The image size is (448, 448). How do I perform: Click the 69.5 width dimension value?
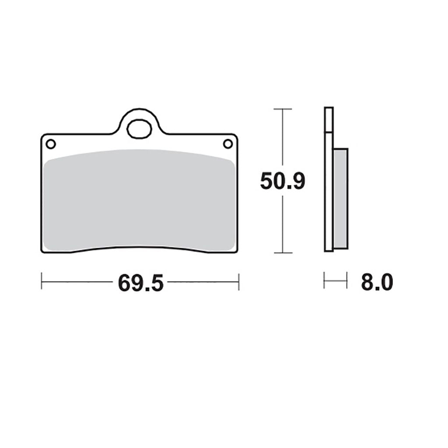point(140,283)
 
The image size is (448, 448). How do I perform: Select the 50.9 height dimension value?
point(283,181)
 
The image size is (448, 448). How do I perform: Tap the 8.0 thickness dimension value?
point(377,282)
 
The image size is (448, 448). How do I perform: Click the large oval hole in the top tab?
point(139,129)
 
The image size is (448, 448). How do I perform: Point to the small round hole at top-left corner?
point(51,144)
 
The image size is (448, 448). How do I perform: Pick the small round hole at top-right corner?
point(227,143)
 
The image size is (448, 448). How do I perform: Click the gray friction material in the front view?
point(140,200)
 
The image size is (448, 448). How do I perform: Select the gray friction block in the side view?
point(340,198)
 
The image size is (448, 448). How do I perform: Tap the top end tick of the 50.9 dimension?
point(283,109)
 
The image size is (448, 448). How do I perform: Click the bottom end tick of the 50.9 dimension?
point(283,252)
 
